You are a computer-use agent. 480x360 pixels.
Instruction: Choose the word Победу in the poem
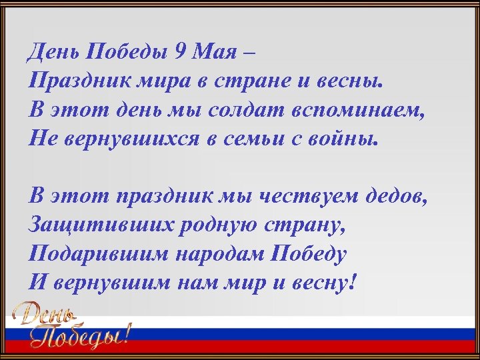(x=311, y=253)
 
